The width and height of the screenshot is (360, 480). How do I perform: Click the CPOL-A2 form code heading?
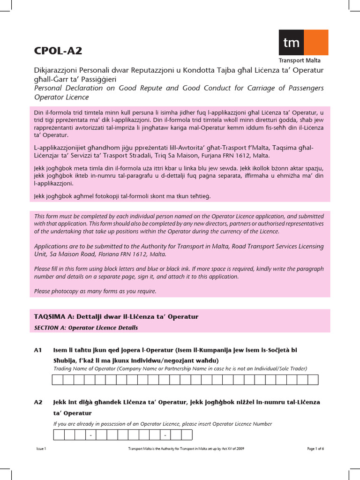point(54,51)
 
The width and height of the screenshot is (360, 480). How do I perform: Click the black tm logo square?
point(291,43)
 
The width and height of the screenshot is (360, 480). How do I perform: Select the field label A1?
point(38,350)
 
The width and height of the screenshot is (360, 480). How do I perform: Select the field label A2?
point(38,402)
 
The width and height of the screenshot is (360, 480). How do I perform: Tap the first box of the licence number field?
point(59,435)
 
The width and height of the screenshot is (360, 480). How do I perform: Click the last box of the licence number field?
point(187,435)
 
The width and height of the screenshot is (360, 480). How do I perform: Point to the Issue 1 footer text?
point(41,449)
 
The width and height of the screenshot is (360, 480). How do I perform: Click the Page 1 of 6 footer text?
point(315,449)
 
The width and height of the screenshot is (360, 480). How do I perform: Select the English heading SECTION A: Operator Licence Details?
point(86,328)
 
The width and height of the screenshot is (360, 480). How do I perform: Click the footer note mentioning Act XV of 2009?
point(186,449)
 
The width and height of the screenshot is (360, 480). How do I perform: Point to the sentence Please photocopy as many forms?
point(95,291)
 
